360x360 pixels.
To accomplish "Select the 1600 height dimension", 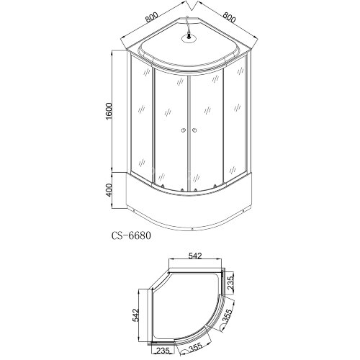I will [107, 112].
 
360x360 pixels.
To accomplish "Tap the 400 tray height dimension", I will [107, 192].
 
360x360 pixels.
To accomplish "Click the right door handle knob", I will [192, 130].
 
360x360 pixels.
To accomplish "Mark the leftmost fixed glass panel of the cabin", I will [143, 122].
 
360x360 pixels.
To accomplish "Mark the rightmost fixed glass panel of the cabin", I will [237, 122].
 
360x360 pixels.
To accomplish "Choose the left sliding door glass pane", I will [170, 130].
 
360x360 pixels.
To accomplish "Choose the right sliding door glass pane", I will [207, 130].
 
